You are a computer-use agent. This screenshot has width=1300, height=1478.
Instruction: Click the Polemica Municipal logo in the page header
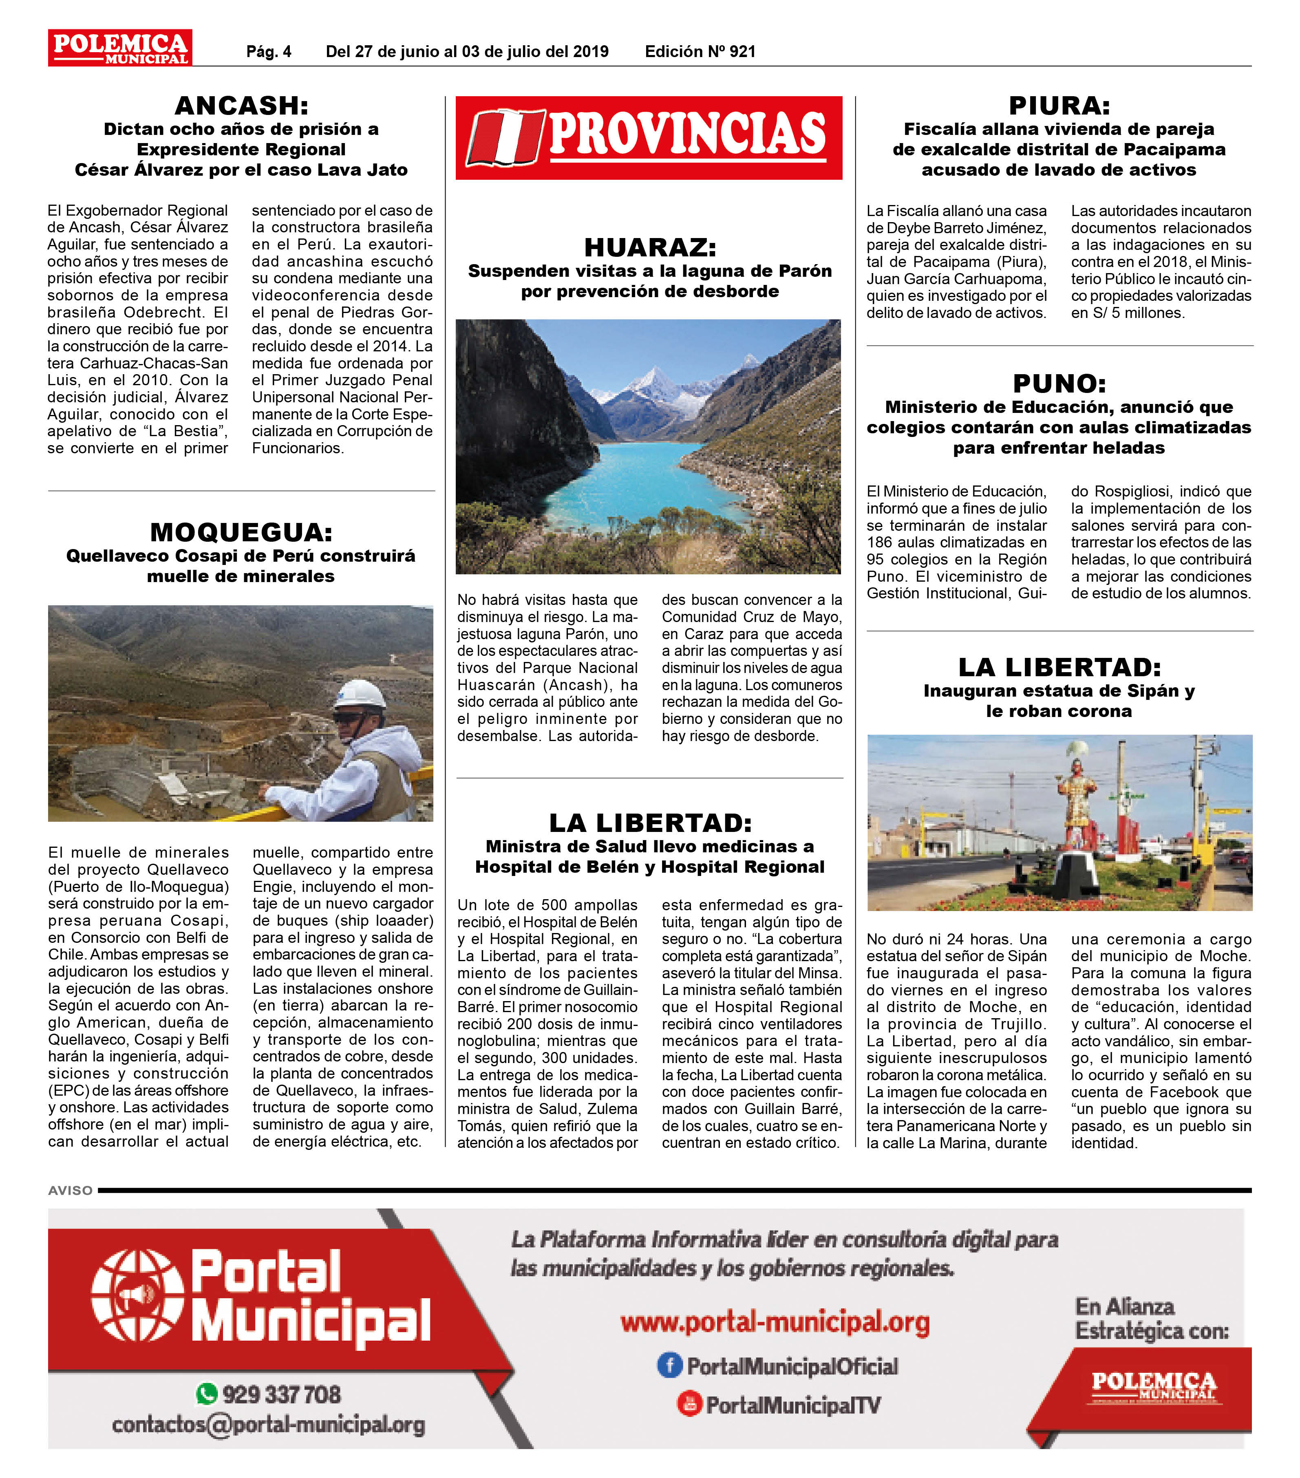(120, 48)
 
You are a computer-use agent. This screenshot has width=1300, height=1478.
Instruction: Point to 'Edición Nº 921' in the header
(700, 51)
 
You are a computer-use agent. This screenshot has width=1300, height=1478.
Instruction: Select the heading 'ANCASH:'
(241, 106)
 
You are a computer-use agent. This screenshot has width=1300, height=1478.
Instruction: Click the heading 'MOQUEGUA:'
(241, 532)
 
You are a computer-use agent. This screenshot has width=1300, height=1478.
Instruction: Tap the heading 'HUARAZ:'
(649, 247)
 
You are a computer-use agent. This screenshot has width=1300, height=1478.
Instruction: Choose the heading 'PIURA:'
(1059, 106)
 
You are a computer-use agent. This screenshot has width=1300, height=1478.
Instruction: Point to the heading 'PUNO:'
(1059, 383)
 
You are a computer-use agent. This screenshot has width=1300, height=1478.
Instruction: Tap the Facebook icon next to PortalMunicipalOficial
(669, 1365)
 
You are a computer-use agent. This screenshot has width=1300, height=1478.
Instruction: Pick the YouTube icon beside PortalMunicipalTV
(689, 1404)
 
